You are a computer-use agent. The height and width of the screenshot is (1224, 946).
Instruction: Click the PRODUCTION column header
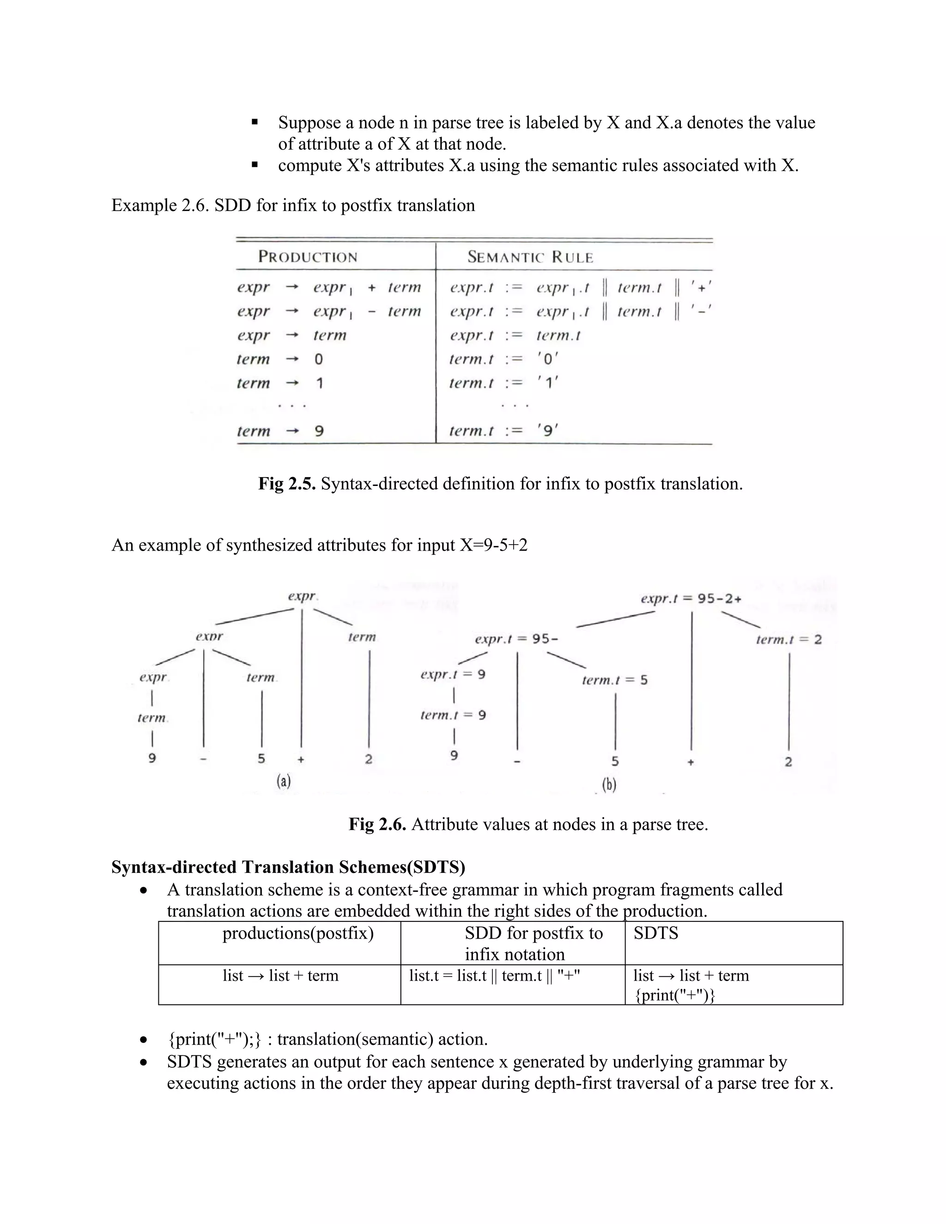(x=308, y=257)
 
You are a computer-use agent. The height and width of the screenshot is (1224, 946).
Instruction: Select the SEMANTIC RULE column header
(x=530, y=257)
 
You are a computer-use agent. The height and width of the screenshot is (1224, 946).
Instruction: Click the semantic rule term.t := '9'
(x=503, y=430)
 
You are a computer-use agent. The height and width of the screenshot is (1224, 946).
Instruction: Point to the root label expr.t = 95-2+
(x=691, y=599)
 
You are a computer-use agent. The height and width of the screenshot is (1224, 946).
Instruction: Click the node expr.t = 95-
(x=516, y=639)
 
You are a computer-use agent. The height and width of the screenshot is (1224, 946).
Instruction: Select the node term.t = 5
(x=614, y=680)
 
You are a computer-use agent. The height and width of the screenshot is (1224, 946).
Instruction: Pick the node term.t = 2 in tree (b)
(x=788, y=639)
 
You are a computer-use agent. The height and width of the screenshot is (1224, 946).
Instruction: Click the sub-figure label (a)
(x=284, y=781)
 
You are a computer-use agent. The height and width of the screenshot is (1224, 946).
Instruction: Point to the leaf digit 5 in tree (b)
(x=615, y=761)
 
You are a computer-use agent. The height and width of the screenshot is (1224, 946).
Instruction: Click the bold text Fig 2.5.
(x=287, y=483)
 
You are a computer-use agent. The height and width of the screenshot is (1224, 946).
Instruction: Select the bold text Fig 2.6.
(x=377, y=824)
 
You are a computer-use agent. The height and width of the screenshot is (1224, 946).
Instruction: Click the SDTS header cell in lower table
(x=656, y=933)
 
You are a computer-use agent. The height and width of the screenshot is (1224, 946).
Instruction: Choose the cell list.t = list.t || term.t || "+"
(x=494, y=976)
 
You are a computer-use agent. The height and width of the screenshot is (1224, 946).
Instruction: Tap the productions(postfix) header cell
(x=297, y=933)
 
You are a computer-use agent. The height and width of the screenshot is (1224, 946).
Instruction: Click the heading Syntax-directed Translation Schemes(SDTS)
(x=288, y=866)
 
